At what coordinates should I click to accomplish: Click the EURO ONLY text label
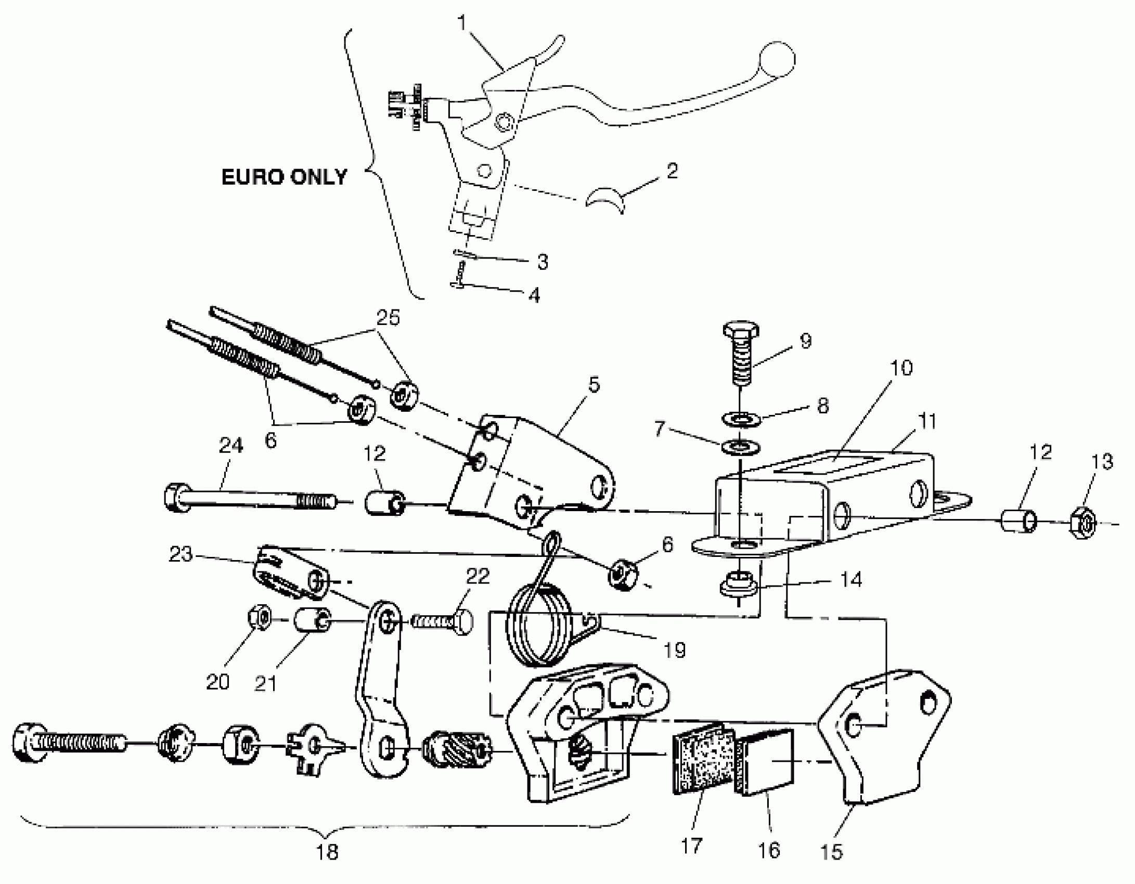click(x=284, y=177)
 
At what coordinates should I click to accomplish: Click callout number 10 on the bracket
click(x=901, y=368)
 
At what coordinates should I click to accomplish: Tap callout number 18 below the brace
click(x=327, y=852)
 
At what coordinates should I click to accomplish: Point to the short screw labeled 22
click(x=442, y=621)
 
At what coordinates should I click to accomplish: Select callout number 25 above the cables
click(x=388, y=317)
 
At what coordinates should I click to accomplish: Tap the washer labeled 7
click(x=741, y=446)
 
